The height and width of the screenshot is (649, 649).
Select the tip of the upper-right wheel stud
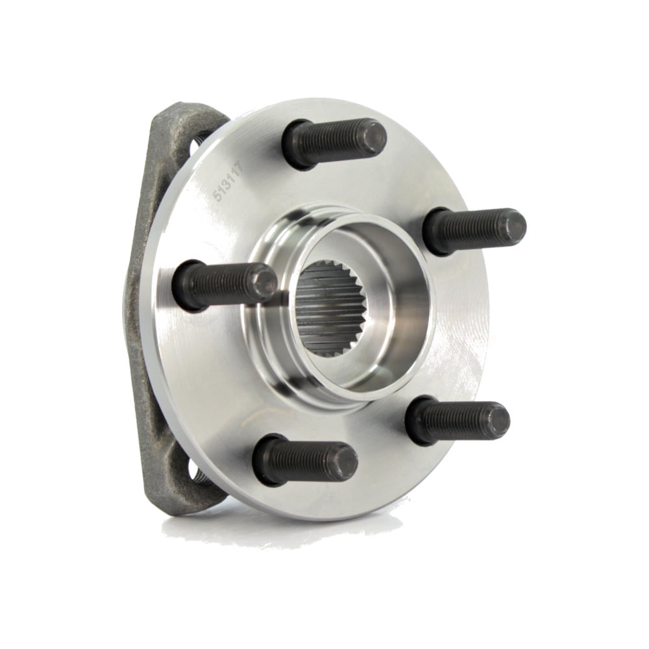[513, 227]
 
